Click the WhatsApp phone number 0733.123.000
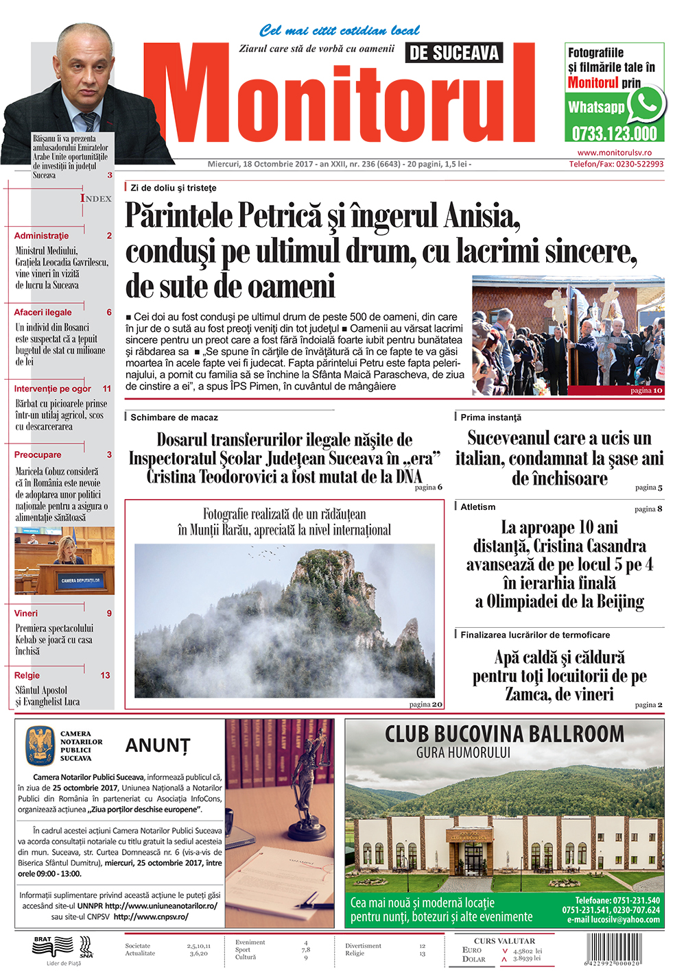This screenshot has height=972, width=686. (614, 133)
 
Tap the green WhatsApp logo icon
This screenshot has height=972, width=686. (646, 104)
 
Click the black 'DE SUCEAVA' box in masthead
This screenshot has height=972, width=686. (454, 53)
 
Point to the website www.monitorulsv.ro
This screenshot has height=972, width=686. (614, 153)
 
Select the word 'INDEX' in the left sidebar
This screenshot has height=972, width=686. (96, 198)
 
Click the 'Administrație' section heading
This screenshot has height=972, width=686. (42, 235)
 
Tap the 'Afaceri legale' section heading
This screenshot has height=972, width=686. (43, 312)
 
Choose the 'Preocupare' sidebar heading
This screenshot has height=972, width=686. (38, 454)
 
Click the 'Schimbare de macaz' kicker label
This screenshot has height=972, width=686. (174, 417)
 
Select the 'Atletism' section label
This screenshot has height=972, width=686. (478, 507)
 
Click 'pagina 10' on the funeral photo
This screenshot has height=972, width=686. (646, 390)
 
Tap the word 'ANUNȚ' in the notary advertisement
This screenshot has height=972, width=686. (158, 745)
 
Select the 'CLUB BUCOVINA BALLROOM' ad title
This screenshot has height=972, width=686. (504, 734)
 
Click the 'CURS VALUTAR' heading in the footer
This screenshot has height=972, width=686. (504, 941)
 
